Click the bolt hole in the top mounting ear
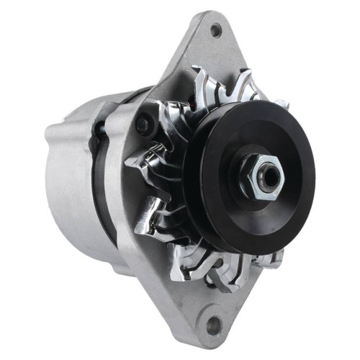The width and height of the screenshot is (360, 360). point(215,30)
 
